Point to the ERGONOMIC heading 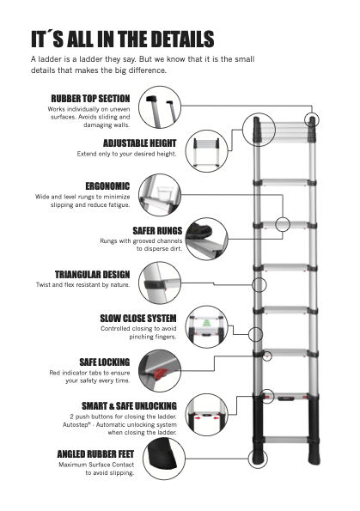click(107, 186)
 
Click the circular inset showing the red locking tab click(162, 370)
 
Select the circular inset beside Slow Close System click(207, 326)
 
